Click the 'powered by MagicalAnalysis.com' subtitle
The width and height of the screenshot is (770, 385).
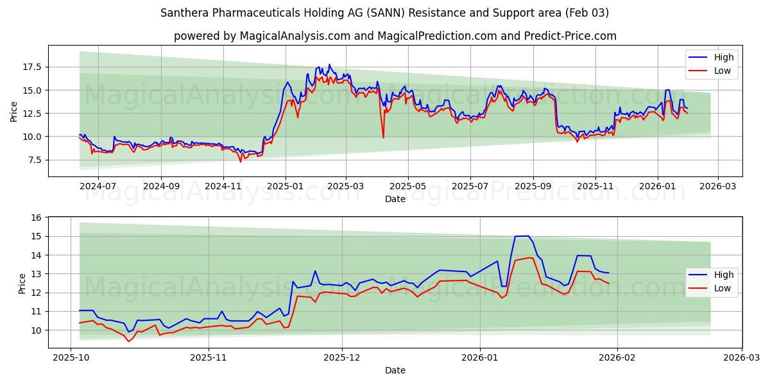pos(395,36)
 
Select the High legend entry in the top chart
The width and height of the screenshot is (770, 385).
pos(724,57)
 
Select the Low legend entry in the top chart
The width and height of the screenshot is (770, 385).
pos(723,71)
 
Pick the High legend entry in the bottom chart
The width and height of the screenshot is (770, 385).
pos(724,275)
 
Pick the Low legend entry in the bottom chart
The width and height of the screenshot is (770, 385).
pos(723,288)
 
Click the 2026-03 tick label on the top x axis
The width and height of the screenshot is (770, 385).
pos(717,186)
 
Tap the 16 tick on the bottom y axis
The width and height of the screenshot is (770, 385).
pos(35,218)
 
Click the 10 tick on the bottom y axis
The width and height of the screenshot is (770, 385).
pos(35,330)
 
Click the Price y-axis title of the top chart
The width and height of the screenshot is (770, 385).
pos(14,111)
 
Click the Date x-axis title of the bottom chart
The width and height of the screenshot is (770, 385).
pos(395,370)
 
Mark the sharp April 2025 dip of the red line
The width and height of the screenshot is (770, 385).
pos(383,137)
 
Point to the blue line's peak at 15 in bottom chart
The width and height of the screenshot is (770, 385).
pos(522,236)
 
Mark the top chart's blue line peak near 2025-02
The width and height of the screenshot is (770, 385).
pos(329,64)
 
